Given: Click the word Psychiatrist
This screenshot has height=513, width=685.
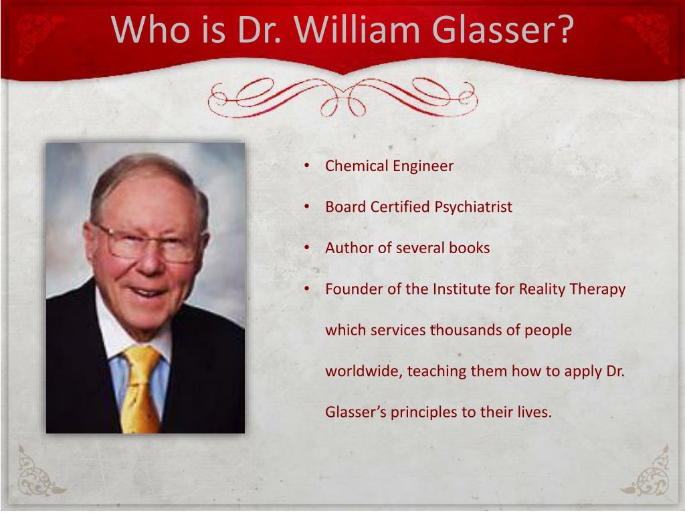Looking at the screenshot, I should (473, 207).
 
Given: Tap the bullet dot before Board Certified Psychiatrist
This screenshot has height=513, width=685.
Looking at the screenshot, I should (306, 207).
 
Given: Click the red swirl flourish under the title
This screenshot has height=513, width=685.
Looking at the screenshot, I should (342, 98).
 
